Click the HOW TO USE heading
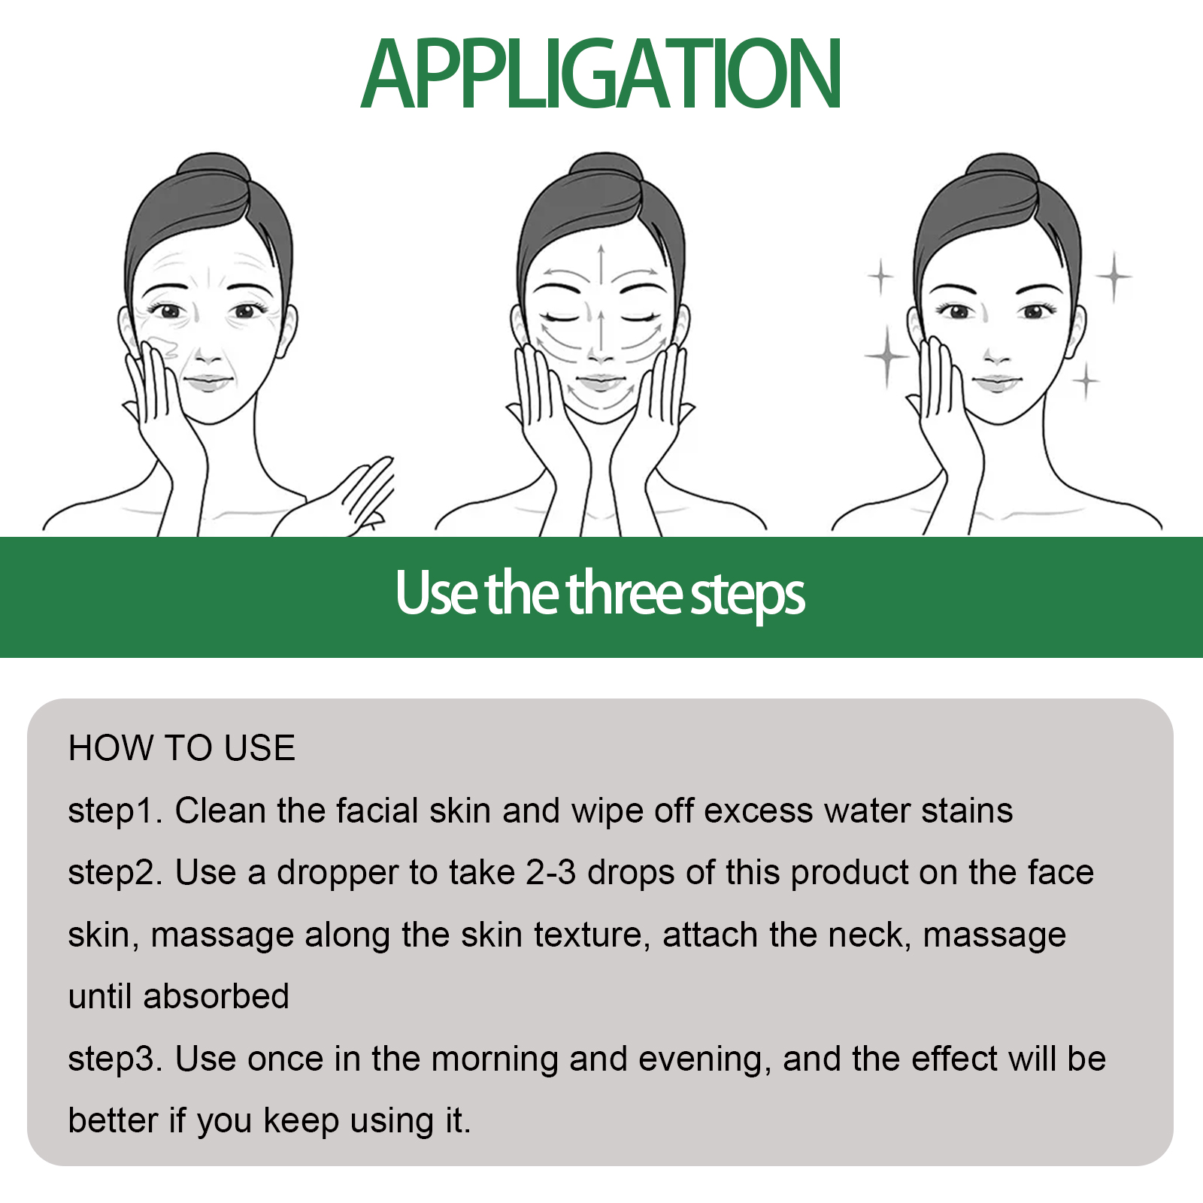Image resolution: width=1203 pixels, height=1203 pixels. [x=181, y=748]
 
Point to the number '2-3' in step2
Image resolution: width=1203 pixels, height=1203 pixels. [x=550, y=873]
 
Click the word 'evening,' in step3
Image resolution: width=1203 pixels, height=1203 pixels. [x=705, y=1059]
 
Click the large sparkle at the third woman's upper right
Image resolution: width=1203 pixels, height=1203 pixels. [x=1114, y=277]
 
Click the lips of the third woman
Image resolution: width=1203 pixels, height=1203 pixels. [x=995, y=383]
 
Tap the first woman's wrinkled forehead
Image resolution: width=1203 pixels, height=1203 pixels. [x=211, y=267]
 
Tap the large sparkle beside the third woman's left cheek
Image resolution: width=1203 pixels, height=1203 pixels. [x=887, y=356]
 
